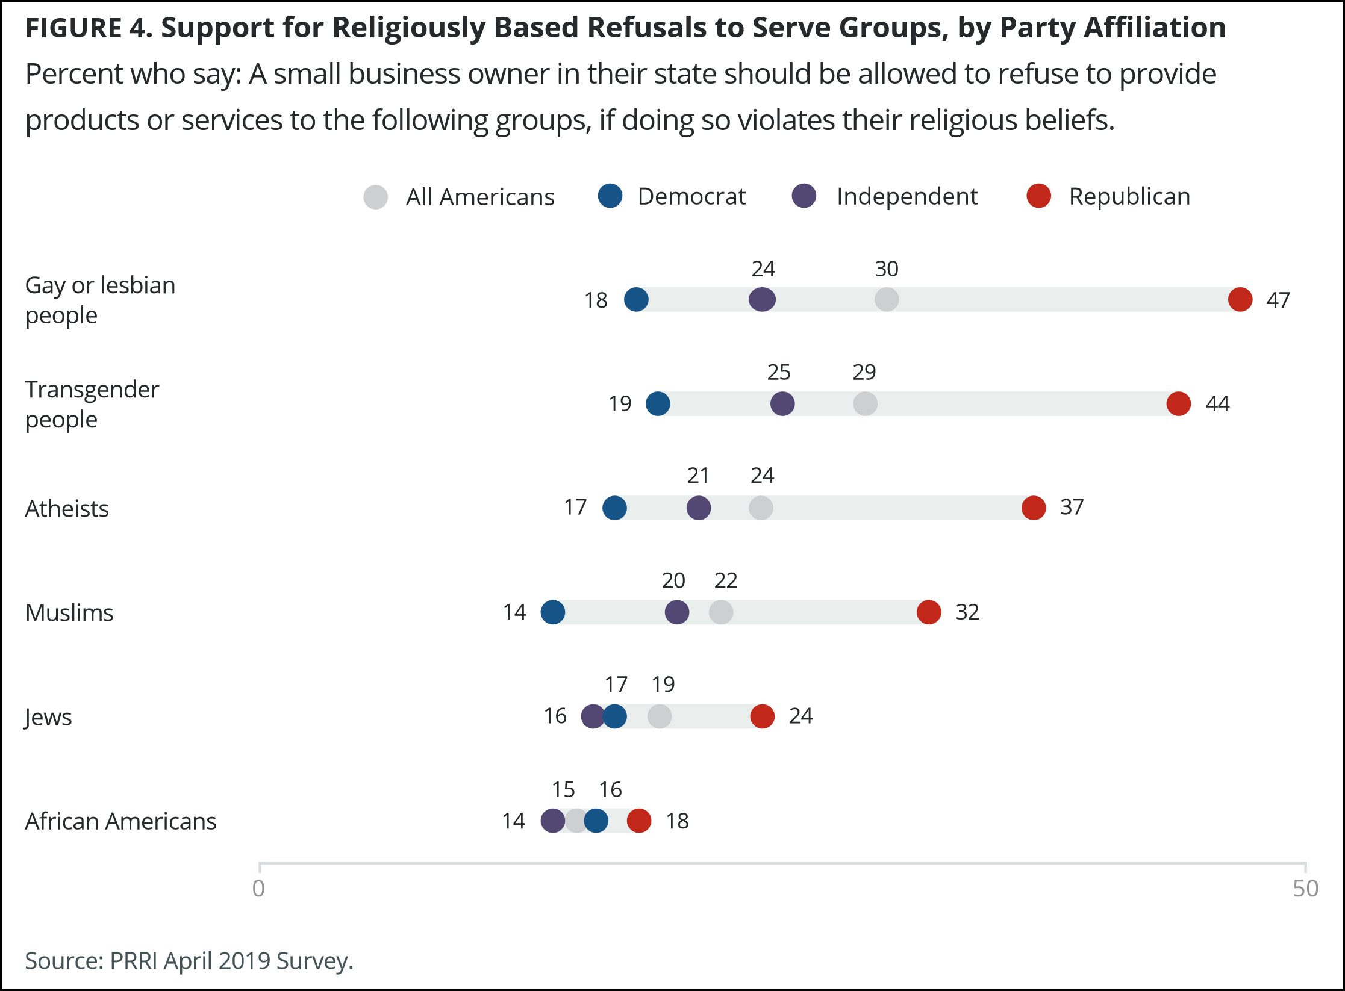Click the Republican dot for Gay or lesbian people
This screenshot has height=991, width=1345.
(1240, 299)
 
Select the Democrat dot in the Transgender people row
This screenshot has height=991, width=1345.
(657, 403)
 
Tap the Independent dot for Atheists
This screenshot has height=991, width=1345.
(698, 508)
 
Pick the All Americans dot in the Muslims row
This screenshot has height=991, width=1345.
(720, 612)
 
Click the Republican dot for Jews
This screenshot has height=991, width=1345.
(762, 716)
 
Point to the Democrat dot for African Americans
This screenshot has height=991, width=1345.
(596, 821)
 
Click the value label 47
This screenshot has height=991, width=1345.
(1278, 300)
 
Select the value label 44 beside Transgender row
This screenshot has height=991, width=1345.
(1217, 403)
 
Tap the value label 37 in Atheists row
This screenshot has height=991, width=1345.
(1072, 508)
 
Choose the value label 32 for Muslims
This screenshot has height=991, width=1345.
(967, 612)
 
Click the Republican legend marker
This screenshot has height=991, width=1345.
(1038, 196)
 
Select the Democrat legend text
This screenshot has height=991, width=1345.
(691, 197)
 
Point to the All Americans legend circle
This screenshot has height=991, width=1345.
(375, 197)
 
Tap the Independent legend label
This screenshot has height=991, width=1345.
(907, 197)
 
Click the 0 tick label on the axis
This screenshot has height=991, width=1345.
(258, 889)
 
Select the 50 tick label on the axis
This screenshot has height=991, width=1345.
(1305, 889)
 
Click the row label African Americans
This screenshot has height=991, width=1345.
(120, 821)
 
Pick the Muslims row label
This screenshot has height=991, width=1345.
(69, 613)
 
